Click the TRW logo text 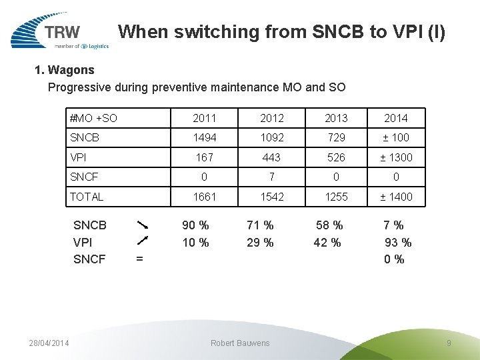[x=62, y=32]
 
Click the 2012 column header [x=272, y=118]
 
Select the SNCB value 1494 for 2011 [x=205, y=137]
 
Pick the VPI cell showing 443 [x=271, y=157]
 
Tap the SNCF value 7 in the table [x=271, y=177]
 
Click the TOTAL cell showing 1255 [x=336, y=197]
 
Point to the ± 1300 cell [x=396, y=157]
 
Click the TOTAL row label [x=87, y=197]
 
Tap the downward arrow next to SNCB [x=143, y=225]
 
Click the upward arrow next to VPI [x=143, y=241]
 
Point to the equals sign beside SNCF [x=139, y=259]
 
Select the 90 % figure [x=195, y=225]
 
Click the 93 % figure [x=398, y=243]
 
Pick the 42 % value [x=327, y=243]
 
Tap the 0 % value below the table [x=394, y=259]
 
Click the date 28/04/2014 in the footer [x=49, y=343]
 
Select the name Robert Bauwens [x=240, y=343]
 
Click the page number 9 [x=449, y=343]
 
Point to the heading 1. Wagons [x=64, y=70]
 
